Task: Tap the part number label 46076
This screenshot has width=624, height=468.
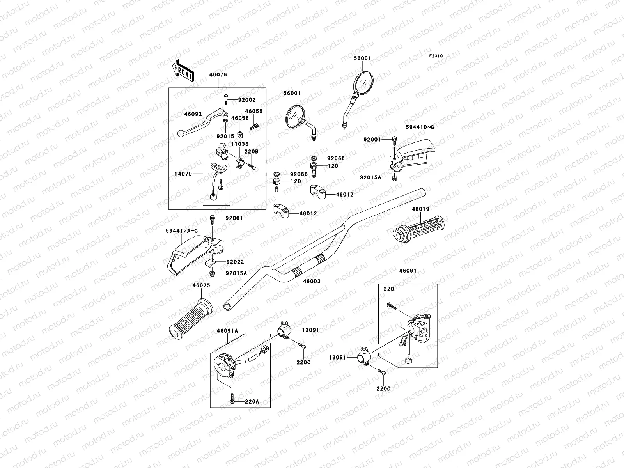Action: [x=218, y=74]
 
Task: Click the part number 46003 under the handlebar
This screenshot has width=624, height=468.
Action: [x=312, y=281]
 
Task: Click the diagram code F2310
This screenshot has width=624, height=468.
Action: [x=436, y=56]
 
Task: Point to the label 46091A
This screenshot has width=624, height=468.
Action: [x=227, y=331]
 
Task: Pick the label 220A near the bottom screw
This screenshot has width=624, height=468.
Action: [x=252, y=401]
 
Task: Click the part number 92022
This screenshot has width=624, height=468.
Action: [x=235, y=262]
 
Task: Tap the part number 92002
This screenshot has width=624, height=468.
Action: [x=246, y=100]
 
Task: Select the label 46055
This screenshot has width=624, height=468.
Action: [x=254, y=111]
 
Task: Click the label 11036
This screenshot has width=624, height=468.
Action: [x=240, y=144]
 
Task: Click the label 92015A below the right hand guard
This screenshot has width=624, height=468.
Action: [x=370, y=177]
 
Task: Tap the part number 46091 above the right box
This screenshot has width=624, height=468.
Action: [x=408, y=270]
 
